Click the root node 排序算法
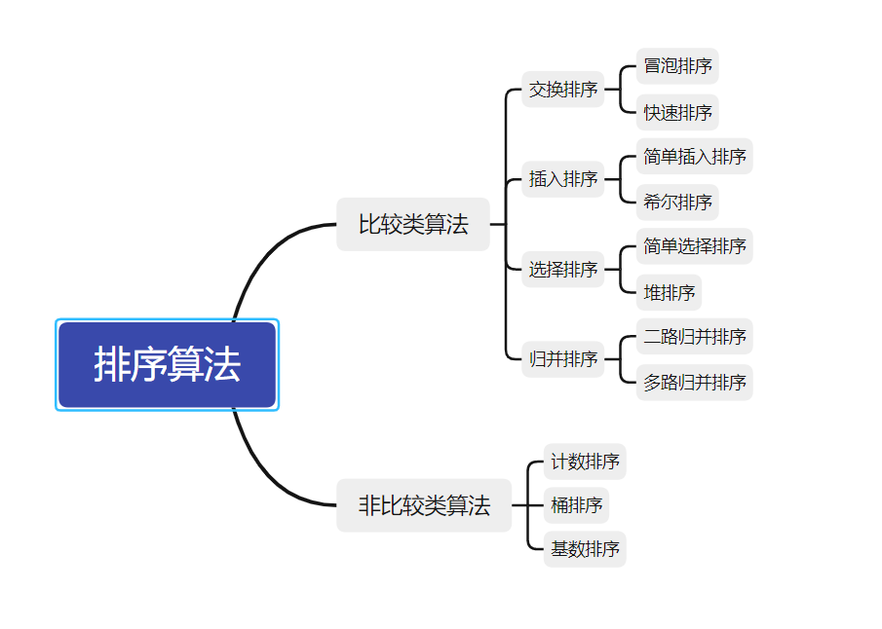click(x=167, y=364)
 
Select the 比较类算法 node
click(x=413, y=224)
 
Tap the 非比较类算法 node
click(x=424, y=505)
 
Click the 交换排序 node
click(x=563, y=90)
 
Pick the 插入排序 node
click(x=563, y=179)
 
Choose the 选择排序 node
click(x=563, y=269)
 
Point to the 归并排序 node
click(x=563, y=358)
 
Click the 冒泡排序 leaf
click(x=677, y=66)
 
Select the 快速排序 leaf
click(x=677, y=112)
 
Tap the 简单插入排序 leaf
click(x=695, y=156)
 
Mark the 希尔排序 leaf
click(x=677, y=203)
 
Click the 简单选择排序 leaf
click(x=695, y=245)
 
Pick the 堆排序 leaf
click(x=669, y=292)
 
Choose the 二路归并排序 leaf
click(x=695, y=336)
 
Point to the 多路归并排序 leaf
click(x=695, y=382)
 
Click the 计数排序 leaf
click(x=585, y=461)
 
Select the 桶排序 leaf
click(x=576, y=504)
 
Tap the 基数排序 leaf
click(x=585, y=548)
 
